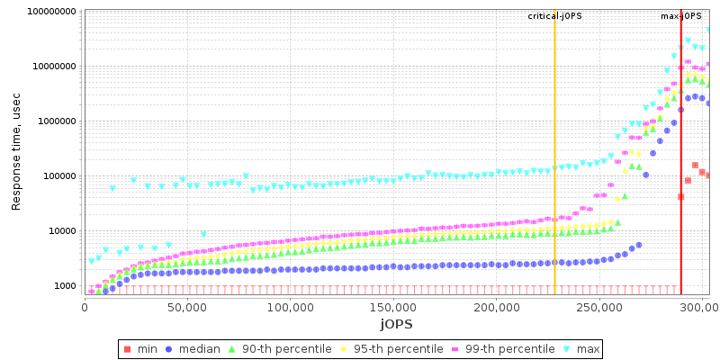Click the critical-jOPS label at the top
(x=554, y=16)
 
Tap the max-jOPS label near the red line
(x=680, y=16)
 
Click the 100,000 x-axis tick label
(x=291, y=306)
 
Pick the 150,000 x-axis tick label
(x=394, y=306)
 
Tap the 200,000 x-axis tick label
(x=498, y=306)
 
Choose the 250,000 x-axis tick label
(x=601, y=306)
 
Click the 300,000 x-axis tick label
(x=702, y=306)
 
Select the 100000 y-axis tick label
(x=55, y=176)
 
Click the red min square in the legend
(x=127, y=348)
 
